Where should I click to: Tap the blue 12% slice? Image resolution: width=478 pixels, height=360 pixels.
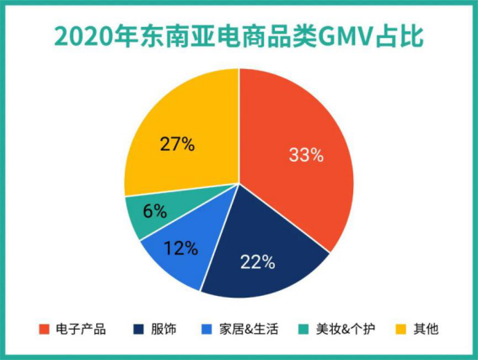pyautogui.click(x=177, y=253)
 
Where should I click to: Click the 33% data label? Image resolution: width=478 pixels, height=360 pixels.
pyautogui.click(x=306, y=154)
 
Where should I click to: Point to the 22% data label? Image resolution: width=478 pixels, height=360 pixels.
pyautogui.click(x=258, y=262)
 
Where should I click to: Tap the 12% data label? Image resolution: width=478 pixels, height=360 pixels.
pyautogui.click(x=180, y=248)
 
